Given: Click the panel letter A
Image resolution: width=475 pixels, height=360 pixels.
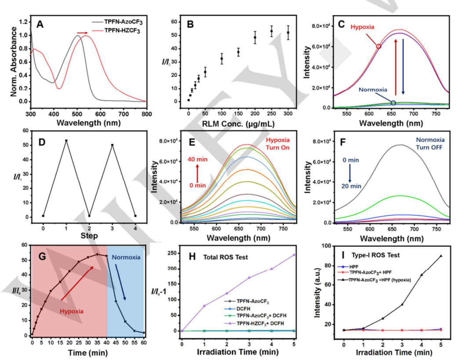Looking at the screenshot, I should (40, 25).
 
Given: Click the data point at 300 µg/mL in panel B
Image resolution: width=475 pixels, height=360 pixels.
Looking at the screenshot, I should (288, 33).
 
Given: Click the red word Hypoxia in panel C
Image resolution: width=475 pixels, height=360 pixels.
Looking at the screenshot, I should (362, 27).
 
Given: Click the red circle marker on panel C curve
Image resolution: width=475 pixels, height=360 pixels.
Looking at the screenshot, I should (379, 46).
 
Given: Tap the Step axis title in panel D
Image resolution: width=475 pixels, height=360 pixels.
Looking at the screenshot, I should (89, 236).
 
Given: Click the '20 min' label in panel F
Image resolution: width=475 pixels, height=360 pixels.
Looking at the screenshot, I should (350, 185).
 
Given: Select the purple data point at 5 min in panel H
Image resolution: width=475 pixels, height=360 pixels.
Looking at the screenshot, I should (294, 255).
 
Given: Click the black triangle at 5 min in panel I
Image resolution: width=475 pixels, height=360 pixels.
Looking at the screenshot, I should (441, 256).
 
